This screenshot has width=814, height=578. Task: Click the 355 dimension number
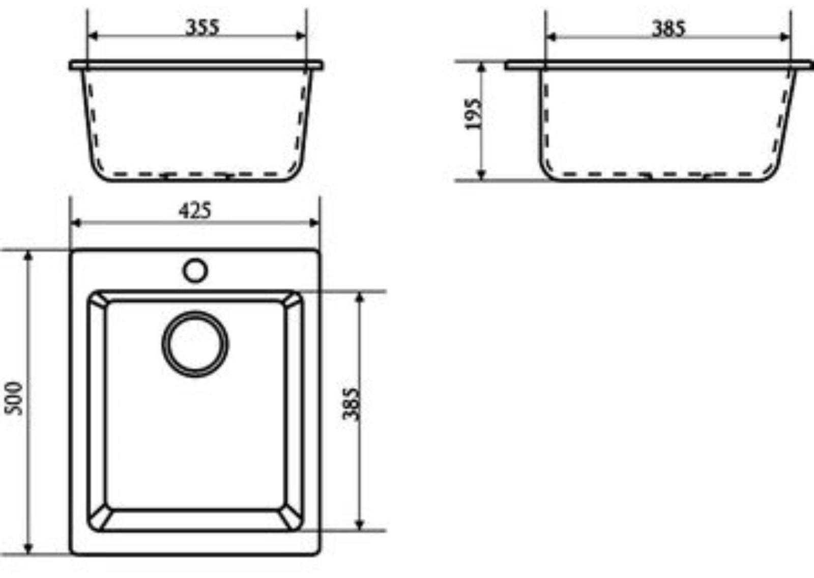tap(202, 27)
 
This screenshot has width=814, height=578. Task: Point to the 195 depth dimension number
tap(473, 115)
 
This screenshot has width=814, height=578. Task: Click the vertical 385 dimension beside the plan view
tap(351, 404)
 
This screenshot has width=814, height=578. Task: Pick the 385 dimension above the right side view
tap(668, 29)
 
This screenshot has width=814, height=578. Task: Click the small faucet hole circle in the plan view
tap(195, 270)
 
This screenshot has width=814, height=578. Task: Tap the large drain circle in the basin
tap(195, 344)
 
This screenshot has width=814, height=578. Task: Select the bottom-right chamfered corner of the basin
tap(292, 520)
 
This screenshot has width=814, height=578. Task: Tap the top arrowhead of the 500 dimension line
tap(28, 255)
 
